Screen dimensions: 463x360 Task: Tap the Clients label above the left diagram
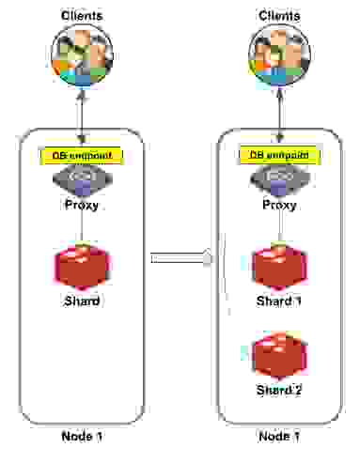(x=83, y=15)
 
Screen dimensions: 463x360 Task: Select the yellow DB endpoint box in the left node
(x=82, y=155)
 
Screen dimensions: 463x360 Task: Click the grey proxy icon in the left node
(x=82, y=177)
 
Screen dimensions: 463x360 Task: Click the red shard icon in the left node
(x=82, y=266)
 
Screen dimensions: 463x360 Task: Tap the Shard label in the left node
(x=82, y=301)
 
